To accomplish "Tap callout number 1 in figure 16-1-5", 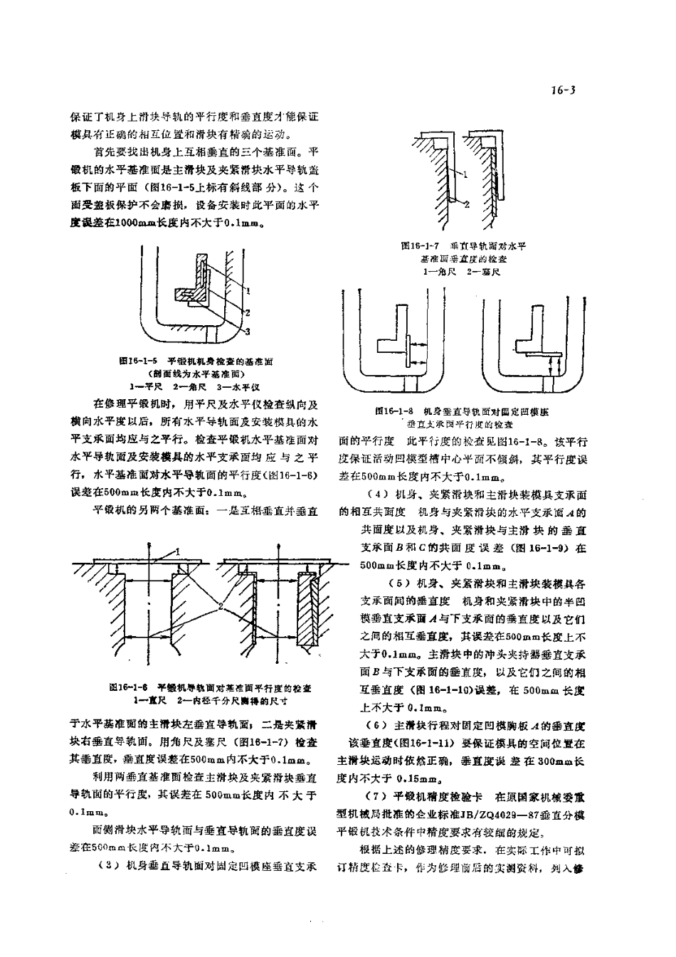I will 248,290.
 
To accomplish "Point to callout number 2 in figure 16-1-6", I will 221,606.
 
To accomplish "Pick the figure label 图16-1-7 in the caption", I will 418,245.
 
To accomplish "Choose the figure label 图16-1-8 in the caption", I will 395,411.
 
